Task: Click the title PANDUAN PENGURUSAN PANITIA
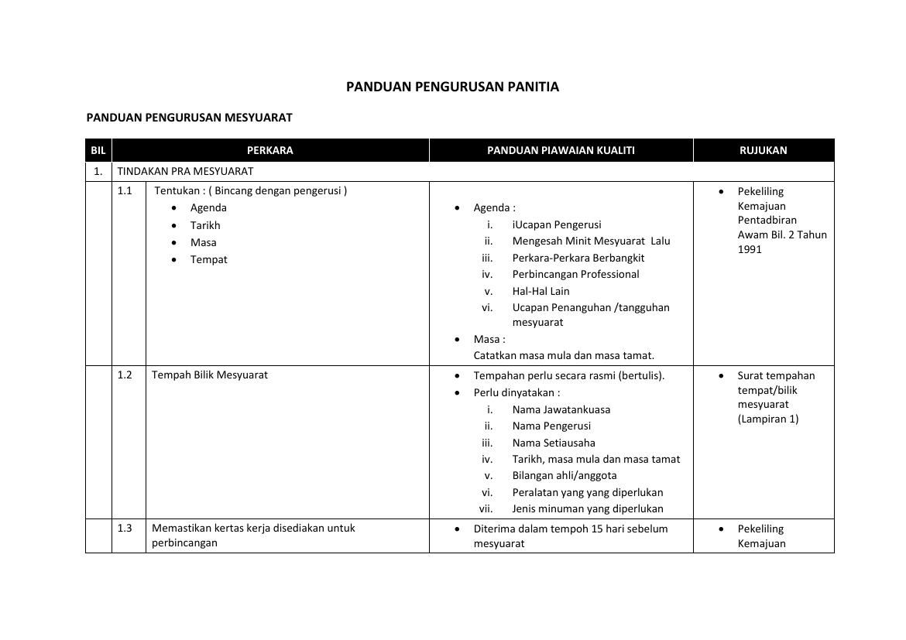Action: (x=452, y=87)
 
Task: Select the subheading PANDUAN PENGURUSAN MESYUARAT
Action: (x=189, y=118)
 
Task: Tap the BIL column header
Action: (x=98, y=150)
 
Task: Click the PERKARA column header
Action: (x=269, y=150)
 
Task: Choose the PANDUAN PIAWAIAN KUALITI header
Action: (x=561, y=150)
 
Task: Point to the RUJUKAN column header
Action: (x=763, y=150)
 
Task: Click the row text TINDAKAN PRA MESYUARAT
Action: (x=185, y=171)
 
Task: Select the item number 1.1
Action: (x=125, y=190)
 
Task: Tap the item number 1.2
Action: (x=125, y=375)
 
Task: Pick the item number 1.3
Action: (x=125, y=528)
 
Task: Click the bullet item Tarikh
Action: (x=205, y=225)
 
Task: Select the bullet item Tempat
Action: (x=209, y=259)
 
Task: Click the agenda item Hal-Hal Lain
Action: (x=541, y=291)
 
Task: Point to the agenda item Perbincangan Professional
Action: (x=575, y=274)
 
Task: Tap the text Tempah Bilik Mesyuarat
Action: (x=210, y=375)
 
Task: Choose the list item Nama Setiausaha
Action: (x=554, y=443)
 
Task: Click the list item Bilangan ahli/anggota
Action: (x=565, y=475)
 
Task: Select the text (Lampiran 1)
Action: (x=767, y=419)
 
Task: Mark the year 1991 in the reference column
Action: (x=750, y=249)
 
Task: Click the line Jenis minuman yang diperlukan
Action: (x=588, y=508)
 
